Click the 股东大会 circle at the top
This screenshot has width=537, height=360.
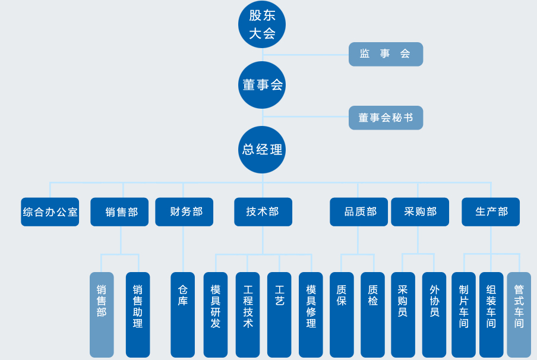tap(262, 25)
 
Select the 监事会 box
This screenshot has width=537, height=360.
tap(386, 54)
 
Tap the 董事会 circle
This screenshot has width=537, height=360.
tap(262, 85)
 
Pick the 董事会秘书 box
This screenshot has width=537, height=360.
tap(386, 118)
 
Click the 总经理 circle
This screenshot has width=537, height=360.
tap(262, 150)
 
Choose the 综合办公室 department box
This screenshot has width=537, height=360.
tap(50, 212)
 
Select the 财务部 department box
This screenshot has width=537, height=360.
tap(184, 212)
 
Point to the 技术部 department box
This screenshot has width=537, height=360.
tap(263, 212)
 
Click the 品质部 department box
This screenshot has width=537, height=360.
tap(359, 212)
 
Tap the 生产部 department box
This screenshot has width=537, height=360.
tap(491, 212)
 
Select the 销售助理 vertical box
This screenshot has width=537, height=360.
tap(138, 314)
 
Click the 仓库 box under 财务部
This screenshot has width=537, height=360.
tap(182, 314)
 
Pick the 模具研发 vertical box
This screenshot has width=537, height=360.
tap(216, 314)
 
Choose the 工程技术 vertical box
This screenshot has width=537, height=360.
tap(248, 314)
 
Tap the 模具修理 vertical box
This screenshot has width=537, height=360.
tap(311, 314)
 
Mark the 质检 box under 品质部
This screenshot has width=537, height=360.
tap(372, 314)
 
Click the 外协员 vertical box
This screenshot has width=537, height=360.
tap(434, 314)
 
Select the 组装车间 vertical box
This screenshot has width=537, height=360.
tap(491, 314)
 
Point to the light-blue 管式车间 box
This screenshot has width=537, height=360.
tap(519, 314)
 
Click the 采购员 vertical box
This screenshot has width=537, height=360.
tap(403, 314)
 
